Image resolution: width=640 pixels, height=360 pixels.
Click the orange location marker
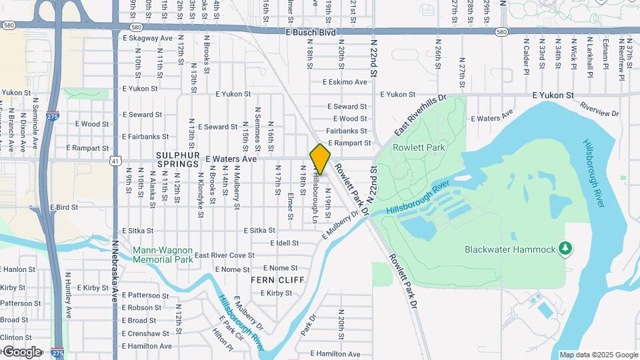(x=320, y=159)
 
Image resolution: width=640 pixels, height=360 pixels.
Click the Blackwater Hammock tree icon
(x=565, y=249)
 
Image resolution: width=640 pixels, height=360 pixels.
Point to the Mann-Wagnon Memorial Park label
(x=163, y=255)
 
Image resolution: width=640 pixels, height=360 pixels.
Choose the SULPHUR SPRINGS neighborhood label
(x=177, y=159)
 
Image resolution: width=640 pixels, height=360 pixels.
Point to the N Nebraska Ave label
(x=114, y=271)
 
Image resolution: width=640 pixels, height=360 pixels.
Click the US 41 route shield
(x=116, y=161)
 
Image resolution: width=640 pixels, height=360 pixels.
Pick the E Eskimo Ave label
(x=344, y=82)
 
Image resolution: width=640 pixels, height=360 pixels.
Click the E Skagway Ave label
(x=147, y=38)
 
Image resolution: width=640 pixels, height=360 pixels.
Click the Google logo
(x=21, y=351)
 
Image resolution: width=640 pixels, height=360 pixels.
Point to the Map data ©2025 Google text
(x=598, y=355)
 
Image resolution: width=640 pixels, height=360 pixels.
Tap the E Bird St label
(x=64, y=207)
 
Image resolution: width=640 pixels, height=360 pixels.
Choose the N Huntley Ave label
(x=69, y=294)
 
